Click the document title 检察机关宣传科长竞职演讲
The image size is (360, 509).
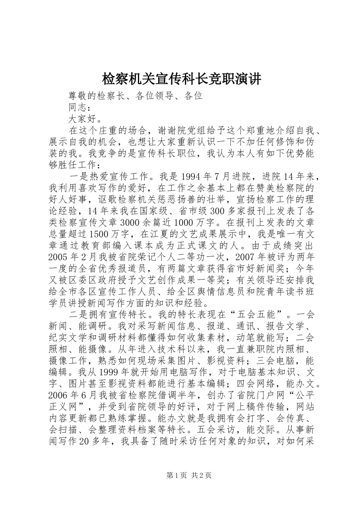click(x=182, y=79)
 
